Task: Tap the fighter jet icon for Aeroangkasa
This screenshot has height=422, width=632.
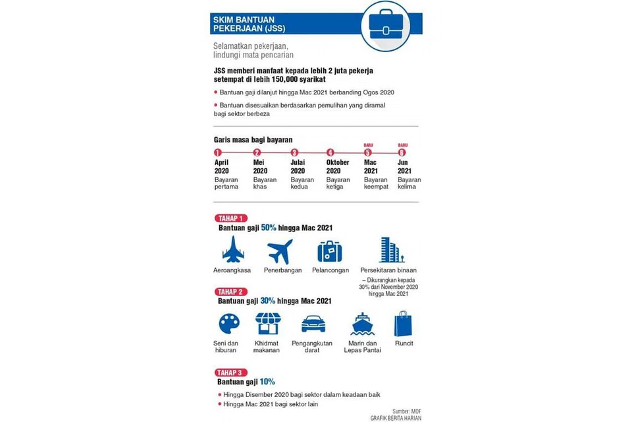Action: point(232,251)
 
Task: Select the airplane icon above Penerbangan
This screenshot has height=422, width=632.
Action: point(279,251)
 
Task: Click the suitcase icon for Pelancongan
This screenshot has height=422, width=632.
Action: point(329,251)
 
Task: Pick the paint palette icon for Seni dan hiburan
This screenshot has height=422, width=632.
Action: point(228,324)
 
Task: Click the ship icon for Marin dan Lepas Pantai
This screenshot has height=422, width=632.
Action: point(363,324)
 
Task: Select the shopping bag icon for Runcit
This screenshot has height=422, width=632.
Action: point(404,324)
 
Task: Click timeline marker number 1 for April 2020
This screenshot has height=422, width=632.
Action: point(218,152)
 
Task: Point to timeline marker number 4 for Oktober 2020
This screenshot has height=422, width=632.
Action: point(330,152)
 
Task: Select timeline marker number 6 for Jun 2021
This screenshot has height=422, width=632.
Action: point(402,152)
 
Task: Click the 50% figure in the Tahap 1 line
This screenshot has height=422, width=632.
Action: point(269,228)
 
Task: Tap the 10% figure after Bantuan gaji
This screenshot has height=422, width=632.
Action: point(267,382)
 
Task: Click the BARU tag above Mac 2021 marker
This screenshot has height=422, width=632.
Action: point(368,145)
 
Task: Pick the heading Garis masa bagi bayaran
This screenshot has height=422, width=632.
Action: point(253,139)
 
